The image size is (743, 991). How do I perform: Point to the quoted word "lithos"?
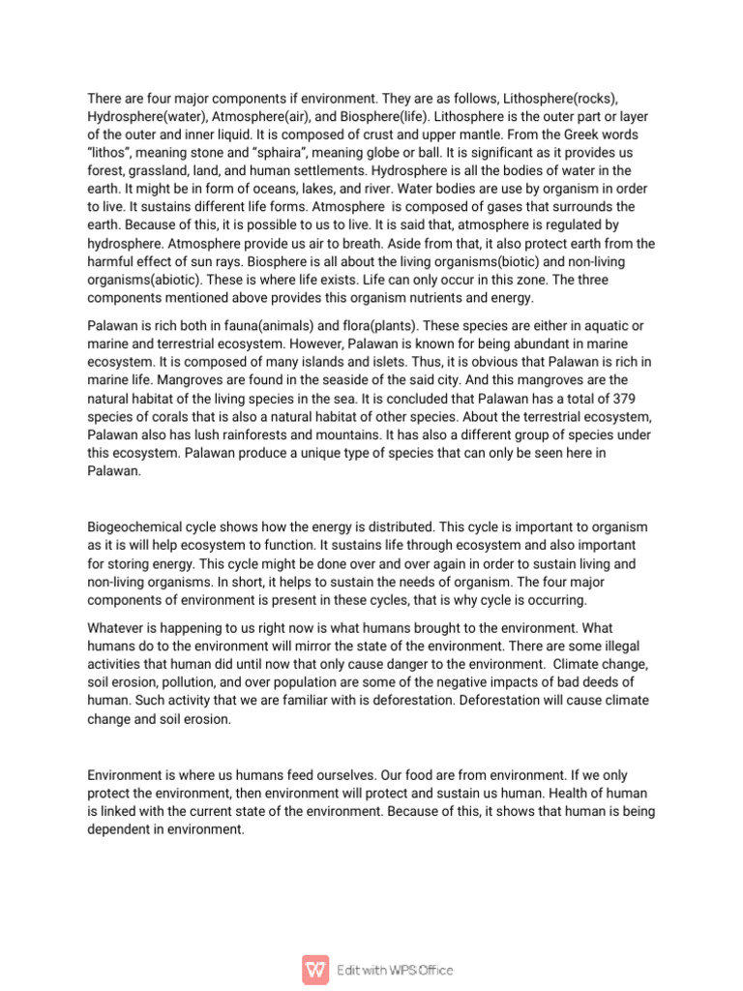point(111,152)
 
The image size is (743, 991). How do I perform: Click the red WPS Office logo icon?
point(315,969)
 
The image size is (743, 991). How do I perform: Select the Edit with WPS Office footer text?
point(395,970)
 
